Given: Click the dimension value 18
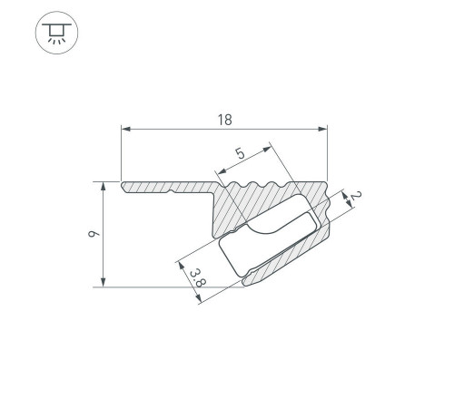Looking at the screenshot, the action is coord(225,120).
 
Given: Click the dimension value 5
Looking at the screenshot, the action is coord(241,153).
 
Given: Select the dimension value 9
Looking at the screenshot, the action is coord(94,234).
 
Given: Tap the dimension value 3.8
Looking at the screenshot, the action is coord(198,277).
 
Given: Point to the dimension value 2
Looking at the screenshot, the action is coord(356,196).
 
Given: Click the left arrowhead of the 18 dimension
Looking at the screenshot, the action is coord(126,129).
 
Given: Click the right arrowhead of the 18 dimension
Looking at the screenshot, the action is coord(322,129).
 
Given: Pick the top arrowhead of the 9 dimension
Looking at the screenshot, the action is coord(104,187).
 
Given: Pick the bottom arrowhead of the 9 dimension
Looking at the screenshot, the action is coord(104,282).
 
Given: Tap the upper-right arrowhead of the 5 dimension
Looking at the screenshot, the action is coord(267,149).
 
